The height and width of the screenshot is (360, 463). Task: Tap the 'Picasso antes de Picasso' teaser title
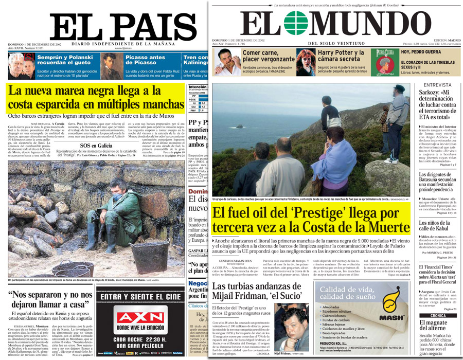146,60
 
